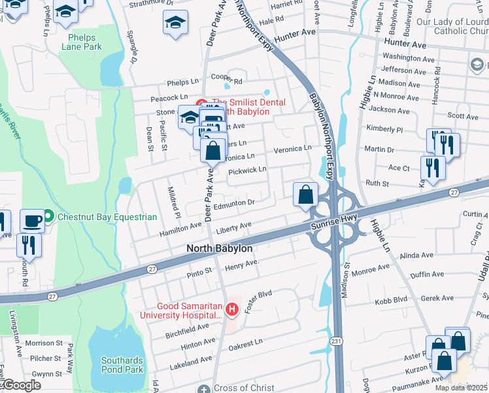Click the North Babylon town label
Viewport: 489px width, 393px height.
click(x=219, y=248)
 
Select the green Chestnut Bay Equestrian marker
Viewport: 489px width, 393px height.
click(x=48, y=217)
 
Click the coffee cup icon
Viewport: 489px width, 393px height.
click(x=32, y=220)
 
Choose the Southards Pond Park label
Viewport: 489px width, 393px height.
click(x=122, y=365)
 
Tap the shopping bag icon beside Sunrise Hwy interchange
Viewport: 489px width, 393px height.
click(x=305, y=194)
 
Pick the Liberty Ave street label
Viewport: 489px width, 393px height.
click(x=234, y=226)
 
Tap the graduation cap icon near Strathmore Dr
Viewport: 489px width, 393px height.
click(x=175, y=23)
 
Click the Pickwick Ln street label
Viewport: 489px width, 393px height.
click(x=248, y=170)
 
